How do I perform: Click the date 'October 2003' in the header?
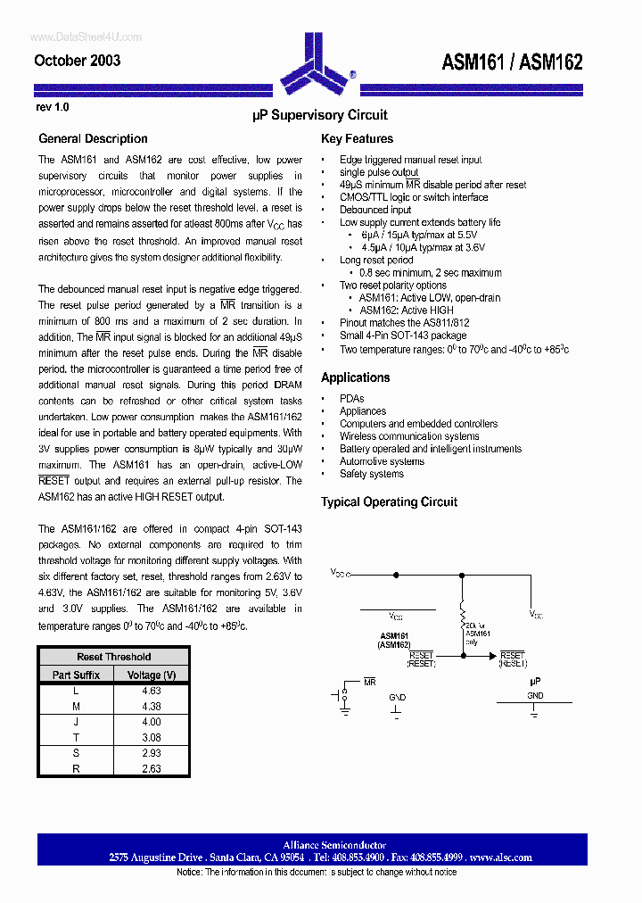(x=78, y=61)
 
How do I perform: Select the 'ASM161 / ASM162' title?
(x=512, y=62)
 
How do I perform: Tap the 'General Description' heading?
(x=93, y=138)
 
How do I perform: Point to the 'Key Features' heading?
(x=357, y=138)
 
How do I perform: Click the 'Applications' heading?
(x=355, y=377)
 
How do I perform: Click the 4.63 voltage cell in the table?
(x=152, y=691)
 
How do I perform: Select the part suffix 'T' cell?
(x=76, y=737)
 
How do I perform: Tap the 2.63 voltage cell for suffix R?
(x=152, y=768)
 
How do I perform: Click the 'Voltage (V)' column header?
(x=152, y=675)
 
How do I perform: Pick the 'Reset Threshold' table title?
(x=114, y=657)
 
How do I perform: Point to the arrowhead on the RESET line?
(x=492, y=656)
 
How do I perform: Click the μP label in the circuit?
(x=535, y=681)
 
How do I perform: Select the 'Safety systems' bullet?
(x=372, y=474)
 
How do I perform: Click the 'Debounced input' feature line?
(x=375, y=210)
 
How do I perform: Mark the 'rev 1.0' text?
(x=52, y=106)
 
